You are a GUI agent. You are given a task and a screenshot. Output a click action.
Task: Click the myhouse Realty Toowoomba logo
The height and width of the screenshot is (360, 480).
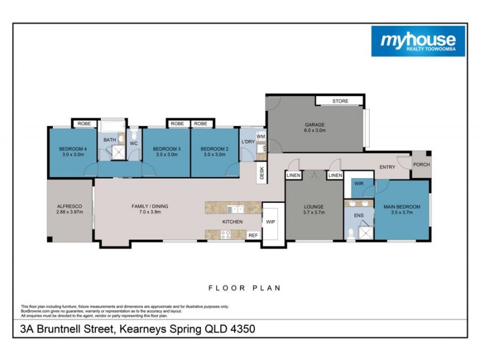coord(418,41)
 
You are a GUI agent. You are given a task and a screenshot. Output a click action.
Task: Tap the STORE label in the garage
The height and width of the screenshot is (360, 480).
coord(340,101)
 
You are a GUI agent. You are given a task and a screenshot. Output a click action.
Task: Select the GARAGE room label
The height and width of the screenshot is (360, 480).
coord(314,125)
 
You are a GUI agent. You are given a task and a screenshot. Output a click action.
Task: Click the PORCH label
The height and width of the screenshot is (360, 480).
coord(421,165)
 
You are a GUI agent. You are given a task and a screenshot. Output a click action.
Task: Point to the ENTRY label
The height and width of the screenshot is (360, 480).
coord(387,167)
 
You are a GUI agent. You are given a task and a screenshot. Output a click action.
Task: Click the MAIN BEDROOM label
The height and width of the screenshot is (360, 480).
coord(402,207)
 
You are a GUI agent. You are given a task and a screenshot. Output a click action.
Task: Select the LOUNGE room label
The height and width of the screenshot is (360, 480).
coord(313,207)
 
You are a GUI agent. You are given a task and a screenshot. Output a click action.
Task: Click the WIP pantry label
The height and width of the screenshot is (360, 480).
coord(271,221)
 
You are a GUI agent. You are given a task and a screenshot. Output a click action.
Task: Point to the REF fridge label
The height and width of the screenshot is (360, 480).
coord(253,235)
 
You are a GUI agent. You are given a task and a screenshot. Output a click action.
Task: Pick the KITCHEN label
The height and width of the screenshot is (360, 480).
coord(232,222)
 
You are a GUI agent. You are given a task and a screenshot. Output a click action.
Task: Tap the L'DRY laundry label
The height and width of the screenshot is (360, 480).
coord(247,142)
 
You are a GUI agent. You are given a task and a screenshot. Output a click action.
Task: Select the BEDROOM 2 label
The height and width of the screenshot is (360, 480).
coord(214,149)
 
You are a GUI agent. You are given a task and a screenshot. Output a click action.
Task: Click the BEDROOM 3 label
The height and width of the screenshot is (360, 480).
coord(166,149)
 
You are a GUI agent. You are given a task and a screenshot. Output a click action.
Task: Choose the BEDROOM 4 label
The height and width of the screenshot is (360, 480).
coord(73,149)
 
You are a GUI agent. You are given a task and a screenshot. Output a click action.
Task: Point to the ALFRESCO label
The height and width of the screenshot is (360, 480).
coord(69,206)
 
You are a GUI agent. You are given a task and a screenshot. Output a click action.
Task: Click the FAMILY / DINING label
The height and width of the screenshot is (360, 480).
coord(150,206)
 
